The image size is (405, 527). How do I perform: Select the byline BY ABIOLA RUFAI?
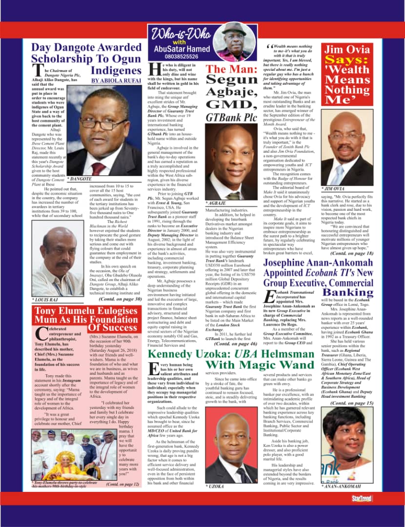tap(116, 81)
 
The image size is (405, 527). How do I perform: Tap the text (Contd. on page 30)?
tap(120, 299)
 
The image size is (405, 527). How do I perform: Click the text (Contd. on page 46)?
tap(236, 344)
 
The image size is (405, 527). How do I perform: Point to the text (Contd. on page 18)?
tap(352, 254)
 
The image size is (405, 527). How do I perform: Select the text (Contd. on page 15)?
tap(352, 403)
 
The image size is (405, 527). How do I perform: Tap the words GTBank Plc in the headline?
tap(231, 118)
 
